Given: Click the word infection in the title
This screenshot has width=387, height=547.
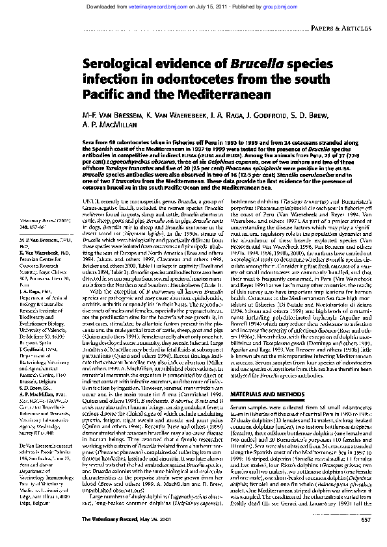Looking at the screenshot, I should [107, 79].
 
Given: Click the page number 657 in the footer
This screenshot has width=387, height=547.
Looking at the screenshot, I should [366, 538].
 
